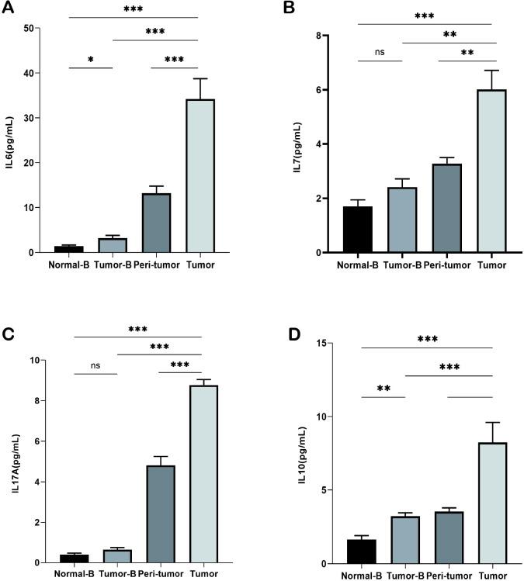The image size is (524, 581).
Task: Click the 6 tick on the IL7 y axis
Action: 328,90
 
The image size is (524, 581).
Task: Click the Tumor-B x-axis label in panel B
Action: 403,265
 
